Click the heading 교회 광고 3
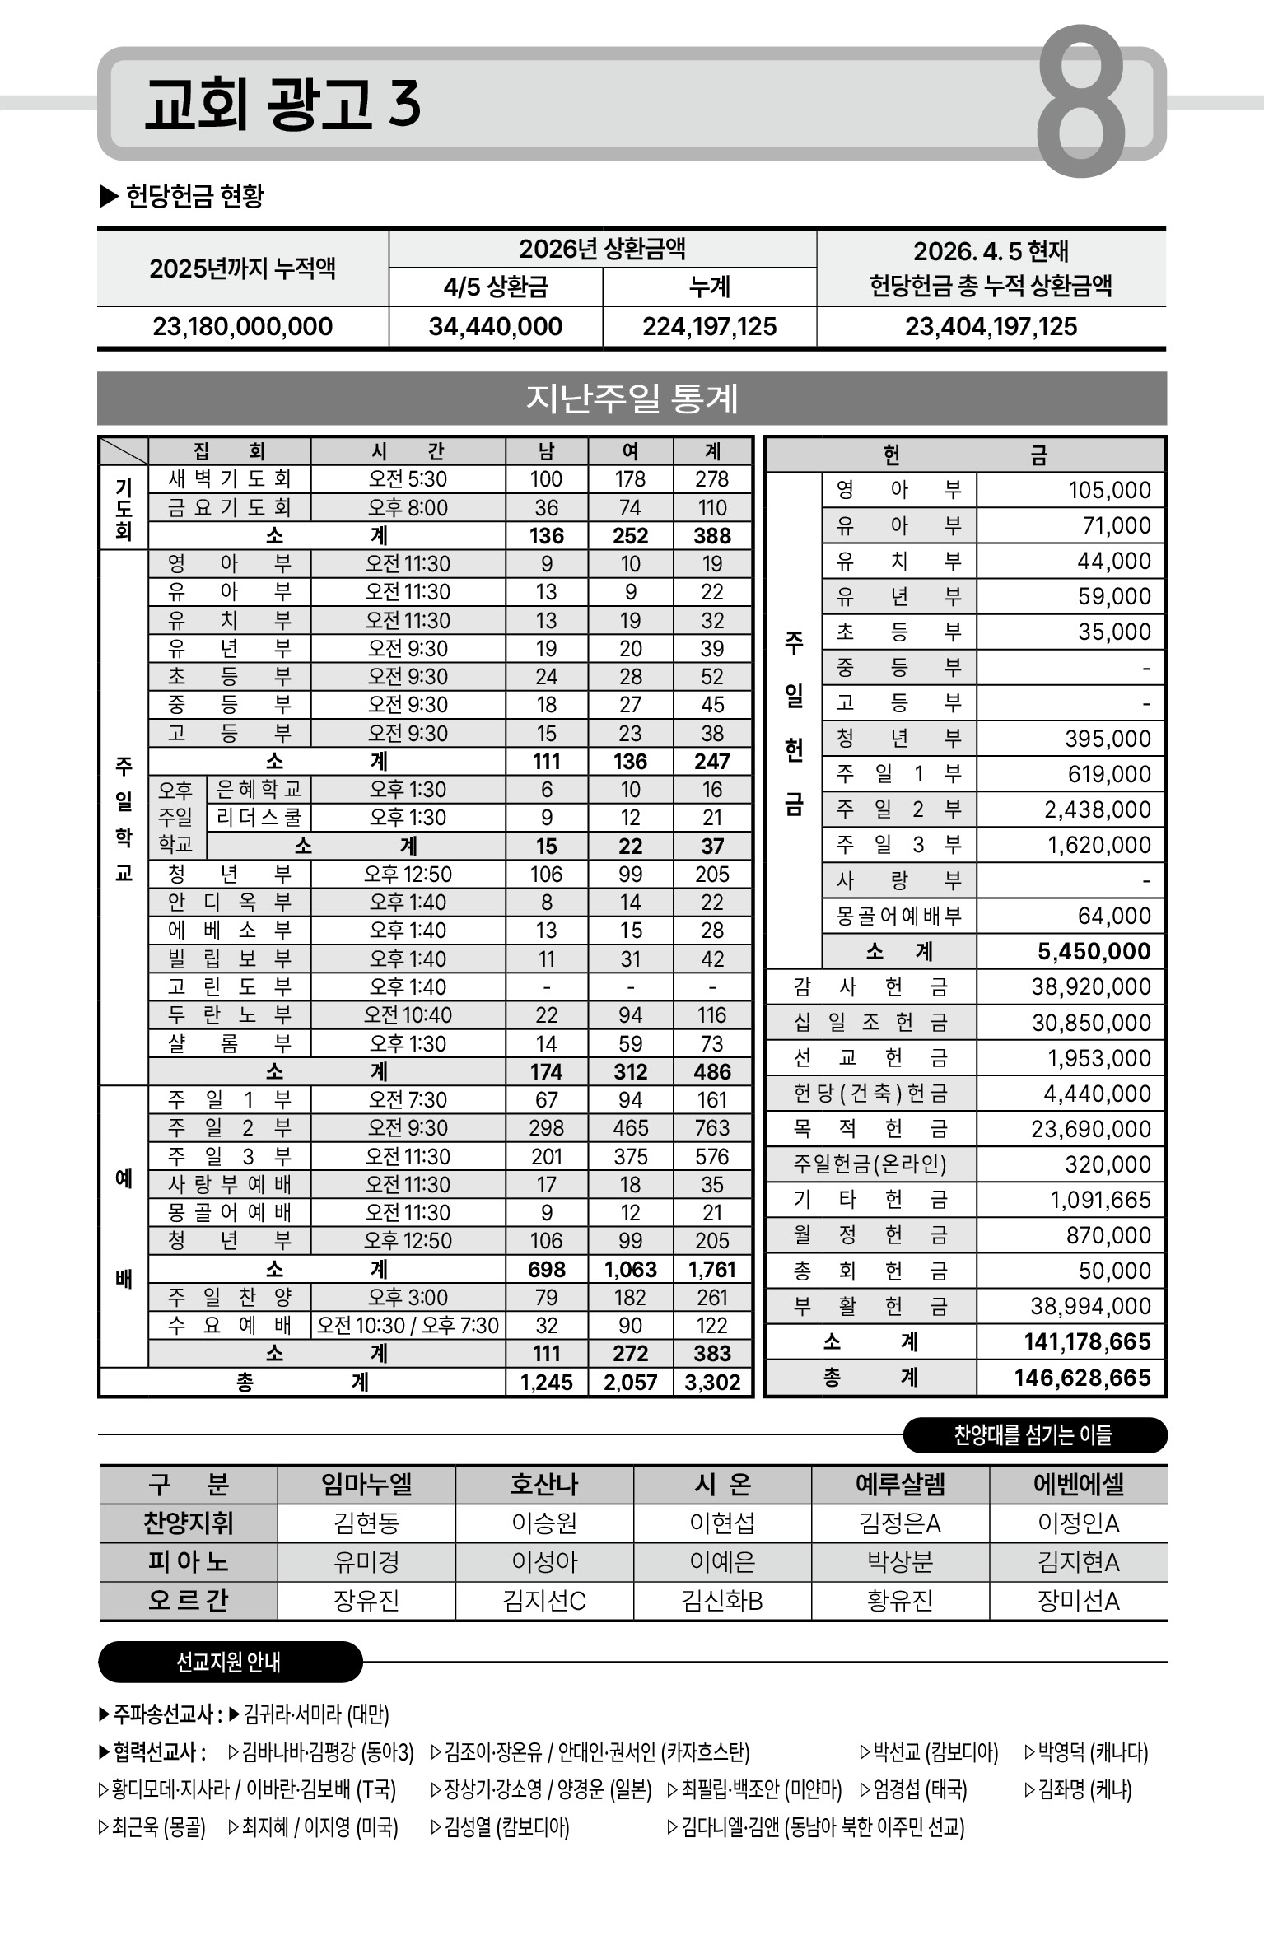(x=282, y=105)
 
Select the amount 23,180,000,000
(x=242, y=327)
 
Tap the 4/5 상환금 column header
(x=495, y=287)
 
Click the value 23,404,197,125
(x=991, y=327)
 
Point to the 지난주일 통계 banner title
(x=632, y=399)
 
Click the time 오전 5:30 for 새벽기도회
(x=408, y=479)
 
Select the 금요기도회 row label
(x=229, y=507)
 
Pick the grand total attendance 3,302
(x=712, y=1382)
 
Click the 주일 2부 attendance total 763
(x=712, y=1127)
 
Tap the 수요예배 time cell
(x=408, y=1325)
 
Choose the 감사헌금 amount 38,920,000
(x=1090, y=986)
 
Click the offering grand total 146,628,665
(x=1082, y=1378)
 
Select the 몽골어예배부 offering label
(x=898, y=916)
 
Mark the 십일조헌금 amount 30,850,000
(x=1091, y=1023)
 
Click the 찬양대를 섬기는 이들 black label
(x=1033, y=1435)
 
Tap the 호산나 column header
(x=543, y=1485)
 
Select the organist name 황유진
(x=899, y=1601)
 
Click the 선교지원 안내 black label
(x=229, y=1662)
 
